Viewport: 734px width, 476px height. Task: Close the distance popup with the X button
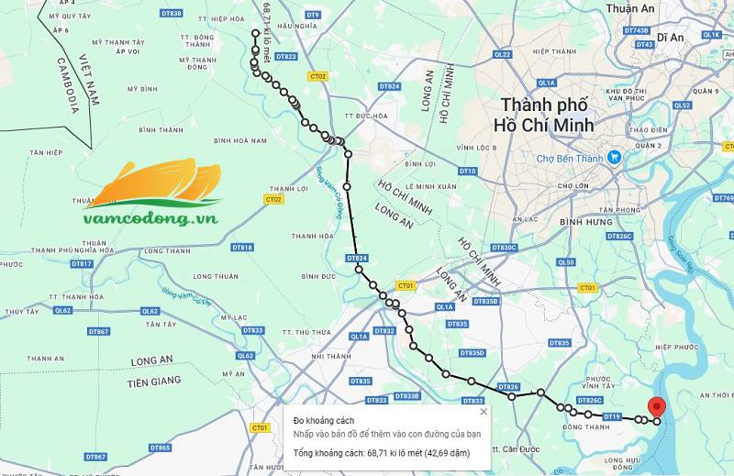point(484,412)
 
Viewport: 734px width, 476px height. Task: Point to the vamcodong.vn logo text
point(150,218)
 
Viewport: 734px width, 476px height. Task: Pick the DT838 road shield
point(171,14)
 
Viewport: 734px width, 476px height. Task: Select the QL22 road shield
point(502,55)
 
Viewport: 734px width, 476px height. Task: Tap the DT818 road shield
point(242,247)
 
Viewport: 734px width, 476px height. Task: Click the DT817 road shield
point(82,264)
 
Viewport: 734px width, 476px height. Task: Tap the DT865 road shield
point(160,448)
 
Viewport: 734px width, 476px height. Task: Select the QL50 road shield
point(565,262)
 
